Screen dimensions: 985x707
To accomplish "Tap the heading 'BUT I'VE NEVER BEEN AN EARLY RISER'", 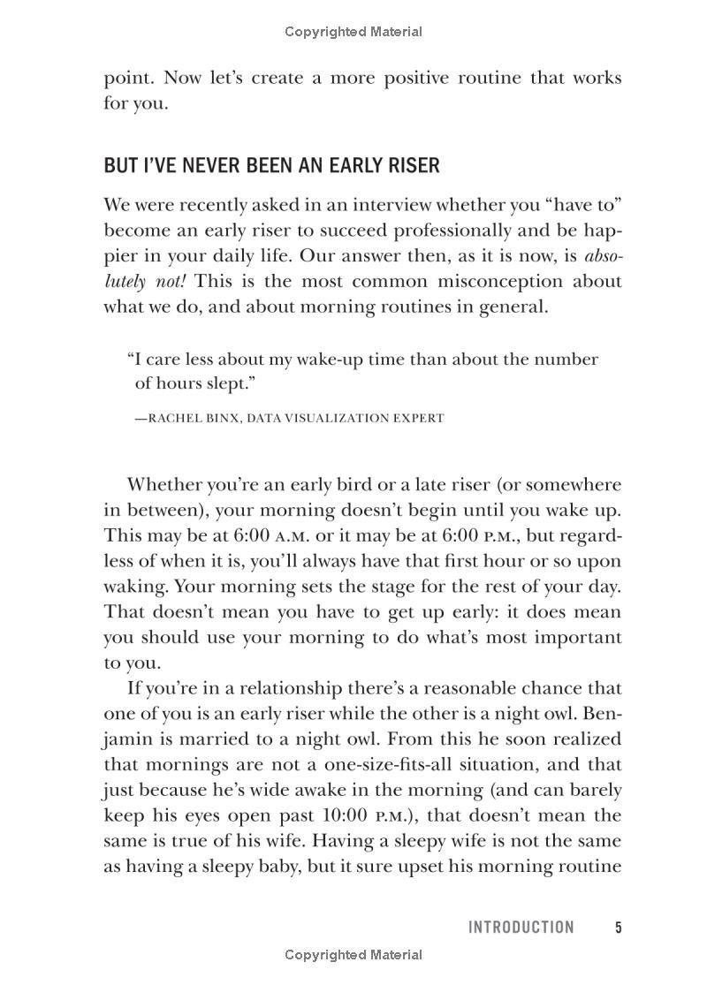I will tap(271, 166).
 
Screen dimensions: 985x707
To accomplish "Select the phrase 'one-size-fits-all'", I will tap(386, 764).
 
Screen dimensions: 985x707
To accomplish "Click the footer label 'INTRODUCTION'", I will tap(521, 928).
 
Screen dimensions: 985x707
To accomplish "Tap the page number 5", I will tap(619, 928).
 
